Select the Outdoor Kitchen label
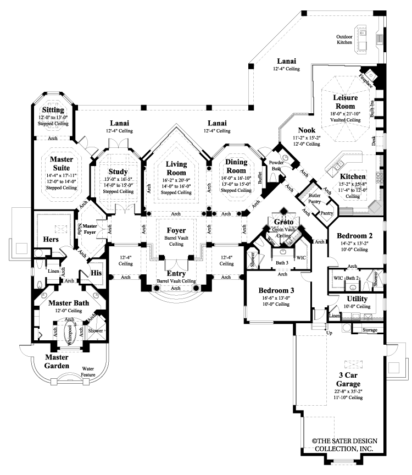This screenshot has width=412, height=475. point(344,41)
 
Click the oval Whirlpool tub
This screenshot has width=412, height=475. point(70,334)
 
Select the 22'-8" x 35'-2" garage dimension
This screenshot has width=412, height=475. point(349,391)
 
